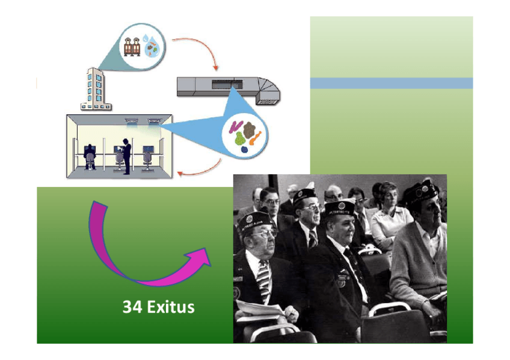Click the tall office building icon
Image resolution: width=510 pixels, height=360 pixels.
click(x=96, y=89)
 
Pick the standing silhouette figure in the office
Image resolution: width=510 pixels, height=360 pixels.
click(x=126, y=156)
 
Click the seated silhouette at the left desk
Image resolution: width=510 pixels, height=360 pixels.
click(x=90, y=157)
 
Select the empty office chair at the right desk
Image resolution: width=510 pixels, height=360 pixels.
click(x=147, y=158)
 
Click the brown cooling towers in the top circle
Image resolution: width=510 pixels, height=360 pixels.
click(x=132, y=46)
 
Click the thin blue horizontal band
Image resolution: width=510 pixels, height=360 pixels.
click(x=391, y=83)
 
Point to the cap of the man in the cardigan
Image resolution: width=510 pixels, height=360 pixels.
click(x=420, y=191)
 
